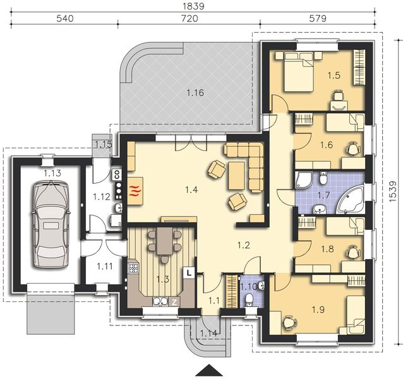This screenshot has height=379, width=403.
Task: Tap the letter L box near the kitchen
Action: [x=189, y=273]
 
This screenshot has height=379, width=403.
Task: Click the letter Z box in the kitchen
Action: [x=174, y=303]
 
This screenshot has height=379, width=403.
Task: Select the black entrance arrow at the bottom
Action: [x=209, y=371]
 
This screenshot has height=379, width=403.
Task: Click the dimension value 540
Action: [x=66, y=19]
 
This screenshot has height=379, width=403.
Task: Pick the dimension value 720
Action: [x=189, y=19]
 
